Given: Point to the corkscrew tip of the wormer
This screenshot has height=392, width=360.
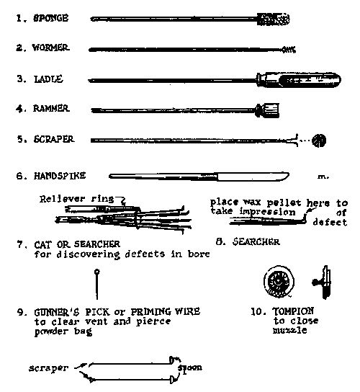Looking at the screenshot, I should pos(289,49).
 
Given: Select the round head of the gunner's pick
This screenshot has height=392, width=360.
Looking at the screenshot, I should pos(96,273).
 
